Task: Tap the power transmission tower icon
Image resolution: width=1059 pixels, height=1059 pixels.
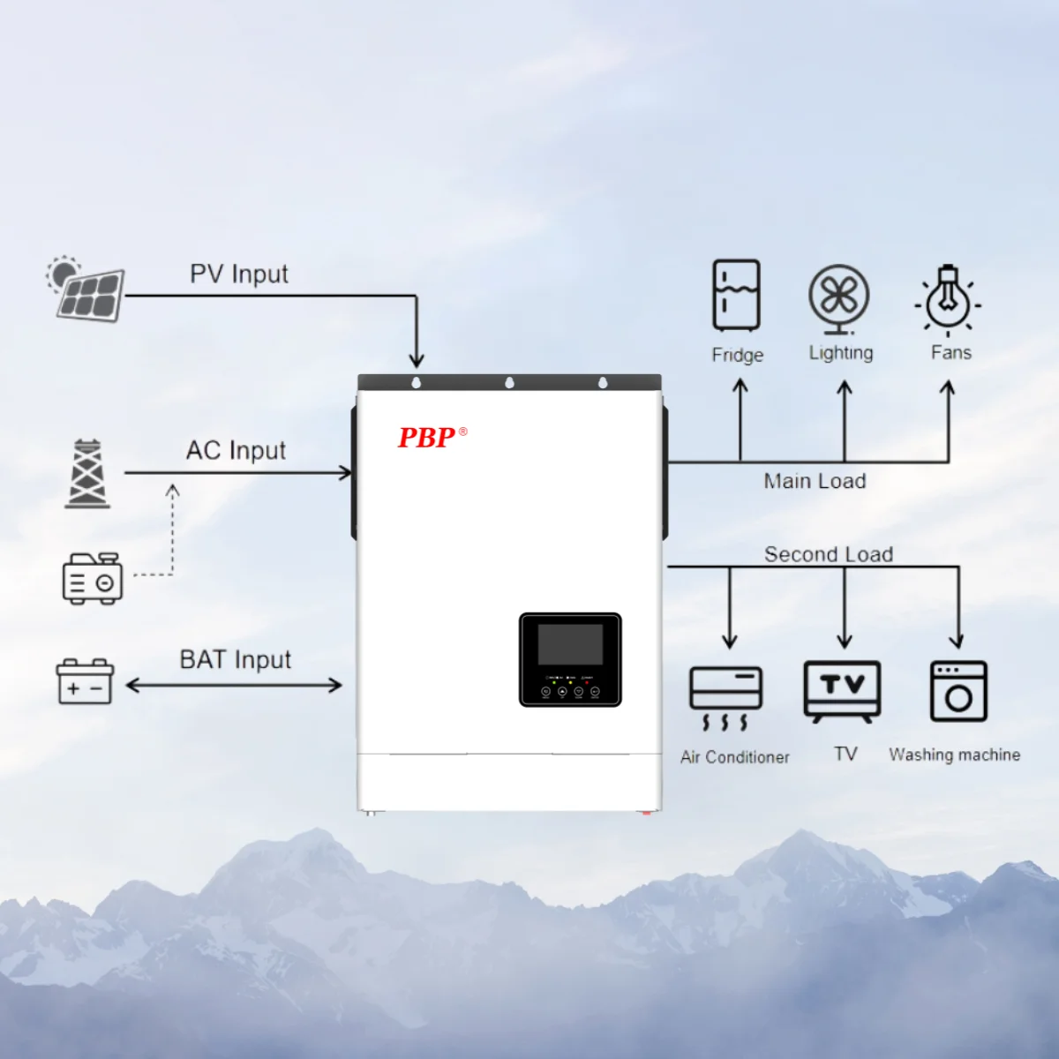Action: click(87, 474)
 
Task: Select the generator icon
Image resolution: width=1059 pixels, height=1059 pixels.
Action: click(92, 579)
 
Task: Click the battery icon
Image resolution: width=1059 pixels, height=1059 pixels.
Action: click(85, 681)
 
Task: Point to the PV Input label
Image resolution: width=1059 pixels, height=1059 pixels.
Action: click(239, 274)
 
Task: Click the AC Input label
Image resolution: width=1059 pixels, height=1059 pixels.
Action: click(236, 451)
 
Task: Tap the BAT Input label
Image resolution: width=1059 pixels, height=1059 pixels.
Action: click(236, 660)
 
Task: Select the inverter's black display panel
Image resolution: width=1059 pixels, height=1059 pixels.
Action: click(570, 659)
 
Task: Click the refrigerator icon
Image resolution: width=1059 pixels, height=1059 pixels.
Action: click(736, 295)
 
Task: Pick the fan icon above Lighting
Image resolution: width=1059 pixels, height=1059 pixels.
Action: click(839, 298)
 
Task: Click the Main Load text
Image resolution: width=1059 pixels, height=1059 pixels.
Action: click(815, 482)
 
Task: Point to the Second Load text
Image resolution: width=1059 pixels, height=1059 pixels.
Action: click(829, 554)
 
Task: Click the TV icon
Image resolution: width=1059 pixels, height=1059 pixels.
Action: click(843, 691)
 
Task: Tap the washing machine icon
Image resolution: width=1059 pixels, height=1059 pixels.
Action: click(958, 691)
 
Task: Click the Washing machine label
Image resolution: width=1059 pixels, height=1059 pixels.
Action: click(954, 755)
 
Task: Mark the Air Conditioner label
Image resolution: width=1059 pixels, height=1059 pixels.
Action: click(735, 757)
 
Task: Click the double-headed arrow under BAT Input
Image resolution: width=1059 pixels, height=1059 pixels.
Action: click(234, 686)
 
